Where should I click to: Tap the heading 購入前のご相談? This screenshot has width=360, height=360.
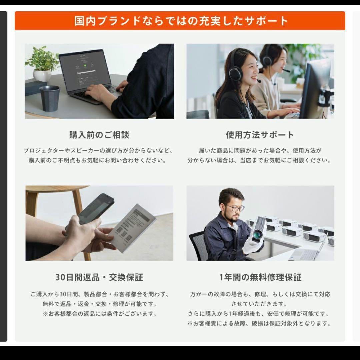(x=99, y=135)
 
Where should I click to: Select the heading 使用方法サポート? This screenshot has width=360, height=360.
(x=260, y=135)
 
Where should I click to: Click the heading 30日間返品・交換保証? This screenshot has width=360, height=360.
(x=99, y=277)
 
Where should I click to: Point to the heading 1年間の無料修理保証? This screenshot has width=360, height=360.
(x=260, y=277)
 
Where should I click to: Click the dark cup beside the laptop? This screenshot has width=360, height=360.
(x=50, y=98)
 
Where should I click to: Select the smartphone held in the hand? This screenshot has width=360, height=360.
(x=96, y=209)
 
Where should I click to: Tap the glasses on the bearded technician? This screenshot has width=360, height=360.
(x=235, y=208)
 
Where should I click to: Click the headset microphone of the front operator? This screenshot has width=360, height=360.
(x=259, y=81)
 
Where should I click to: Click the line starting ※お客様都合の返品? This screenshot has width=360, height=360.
(x=100, y=314)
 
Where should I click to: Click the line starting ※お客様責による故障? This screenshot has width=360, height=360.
(x=259, y=323)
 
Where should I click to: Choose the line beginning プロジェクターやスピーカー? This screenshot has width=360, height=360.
(x=98, y=151)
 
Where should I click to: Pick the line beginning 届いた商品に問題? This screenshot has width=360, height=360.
(x=260, y=151)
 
